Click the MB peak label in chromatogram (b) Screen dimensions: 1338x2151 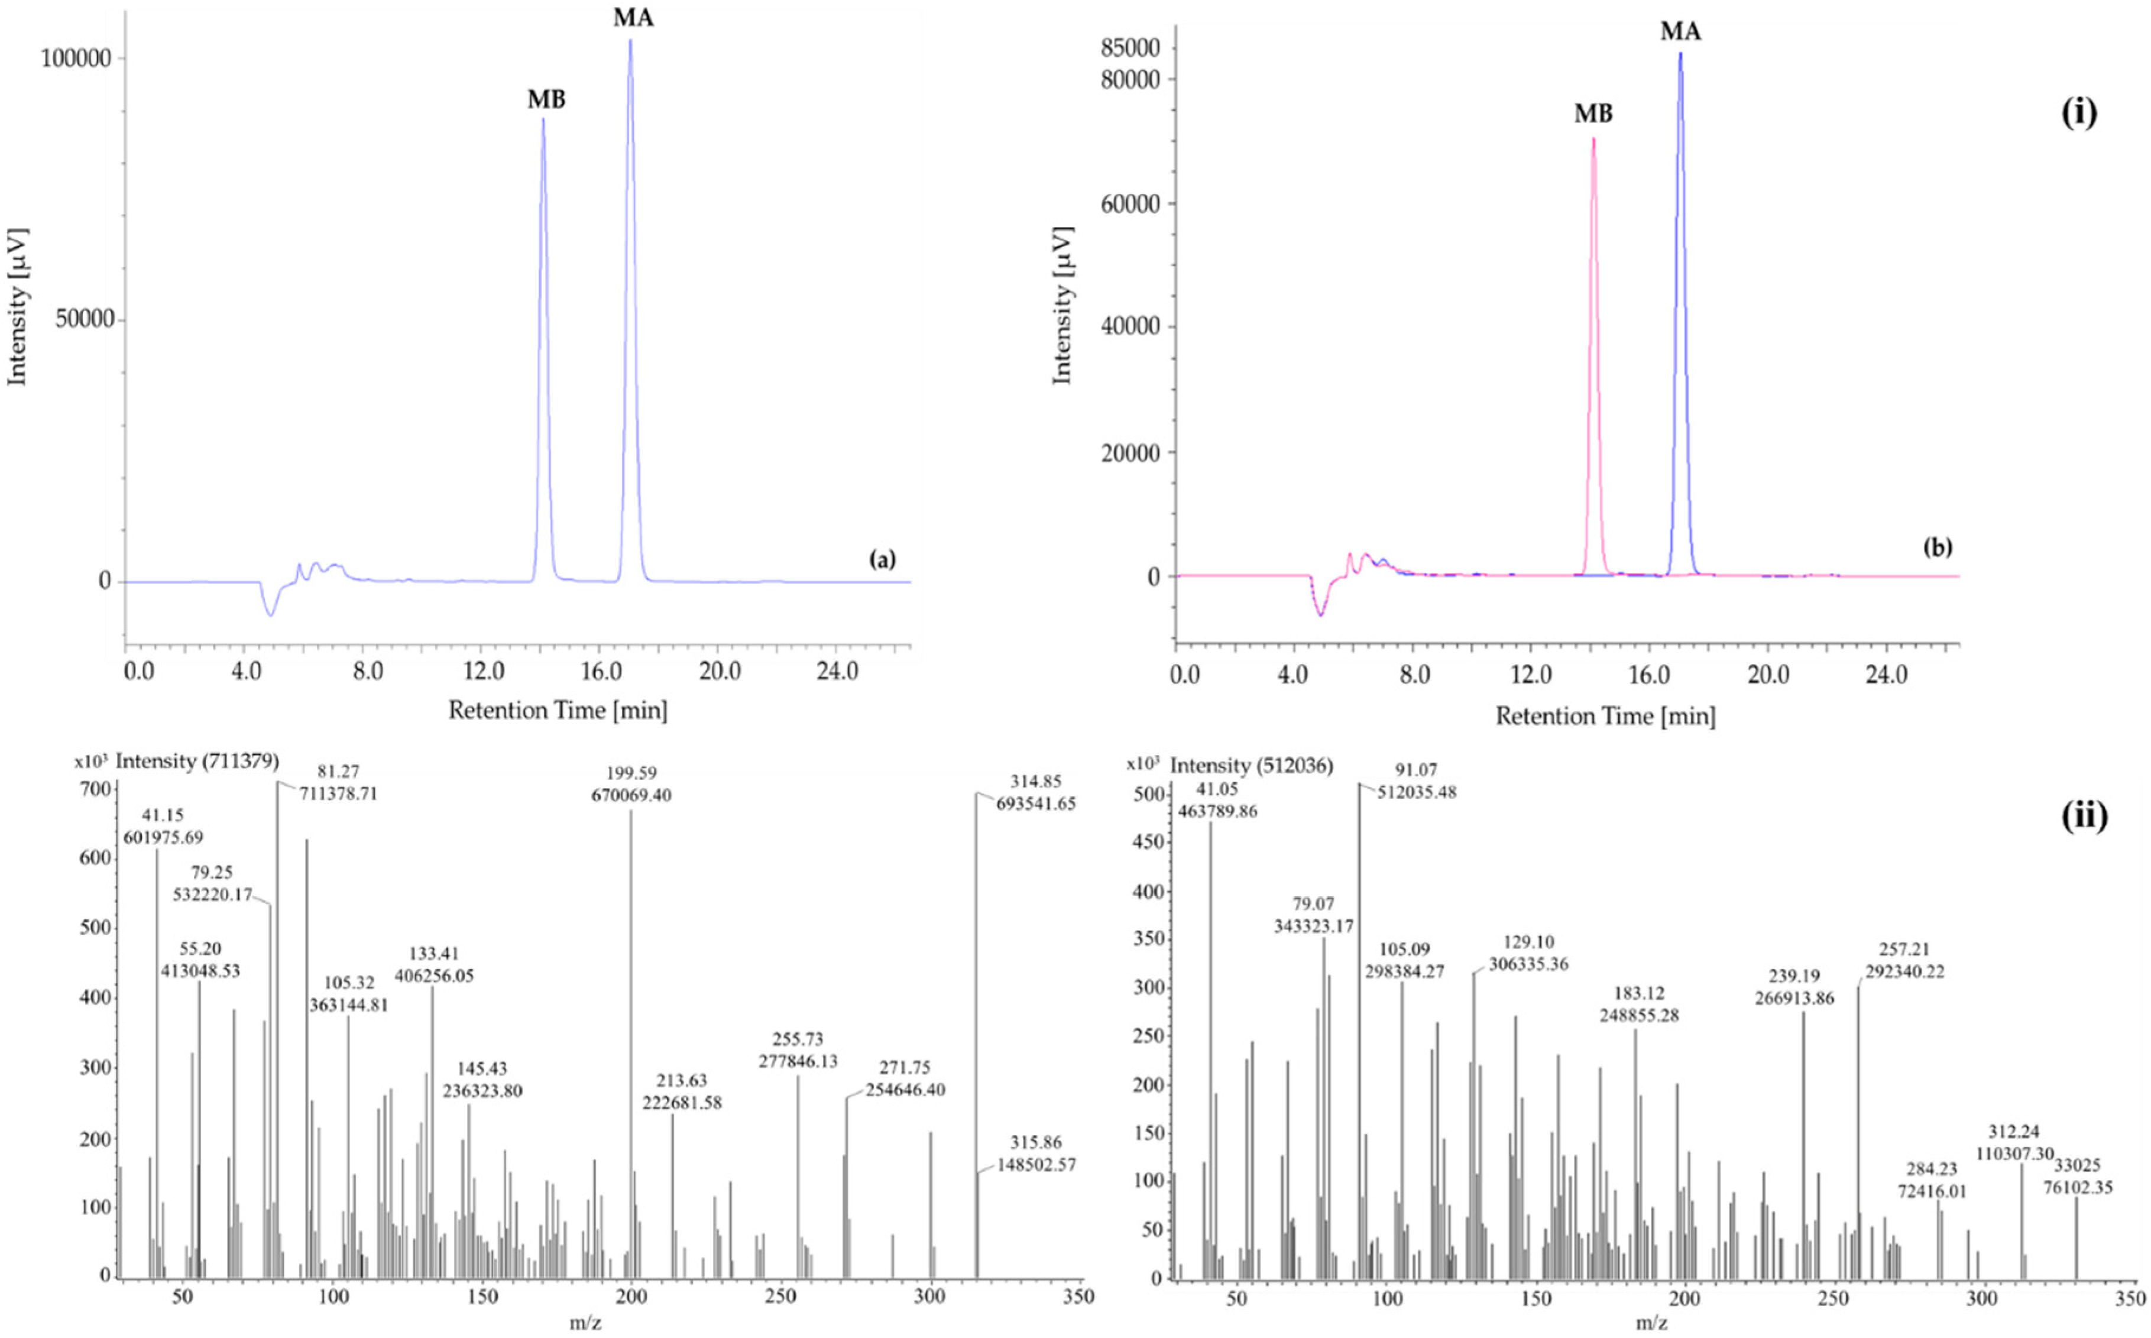[1593, 114]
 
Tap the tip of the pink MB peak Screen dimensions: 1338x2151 [1593, 139]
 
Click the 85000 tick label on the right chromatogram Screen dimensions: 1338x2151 [1130, 48]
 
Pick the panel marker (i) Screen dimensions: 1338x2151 [2078, 114]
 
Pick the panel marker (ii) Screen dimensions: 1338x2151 [2084, 816]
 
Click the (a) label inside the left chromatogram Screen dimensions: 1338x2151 [882, 559]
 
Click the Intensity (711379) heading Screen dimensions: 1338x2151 [197, 761]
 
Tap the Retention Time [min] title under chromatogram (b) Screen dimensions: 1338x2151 [1605, 716]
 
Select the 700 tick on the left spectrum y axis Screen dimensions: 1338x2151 [98, 789]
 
